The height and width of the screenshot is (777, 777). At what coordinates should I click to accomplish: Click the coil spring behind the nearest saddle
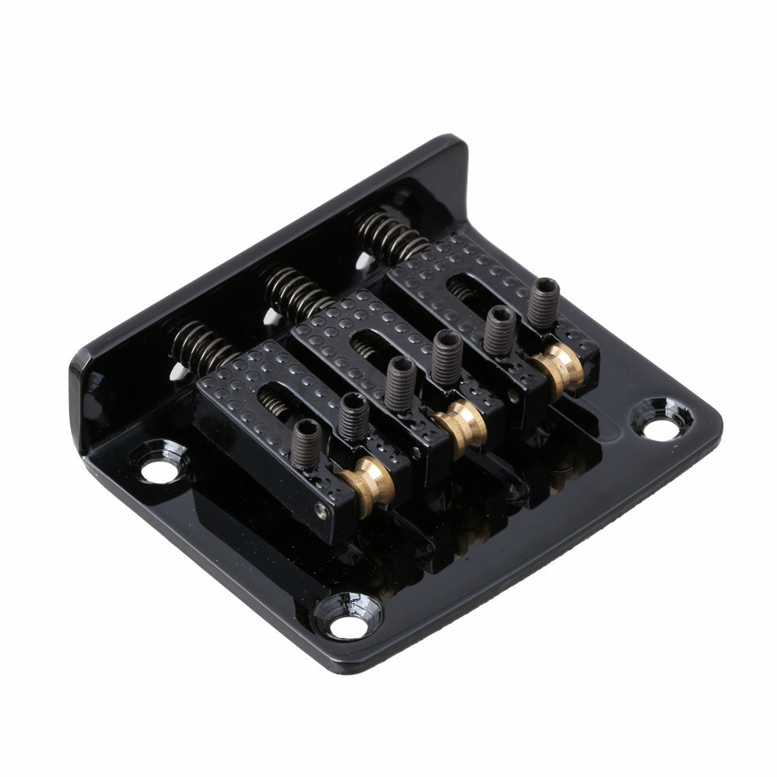[201, 345]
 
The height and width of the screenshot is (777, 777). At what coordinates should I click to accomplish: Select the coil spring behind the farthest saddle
[388, 235]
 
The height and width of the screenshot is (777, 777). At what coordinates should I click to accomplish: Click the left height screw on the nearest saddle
[306, 443]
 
